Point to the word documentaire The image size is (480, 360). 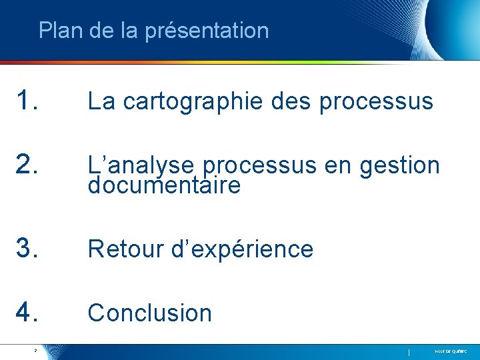coord(164,186)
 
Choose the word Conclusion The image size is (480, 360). coord(150,313)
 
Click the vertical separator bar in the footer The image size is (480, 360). coord(409,351)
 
